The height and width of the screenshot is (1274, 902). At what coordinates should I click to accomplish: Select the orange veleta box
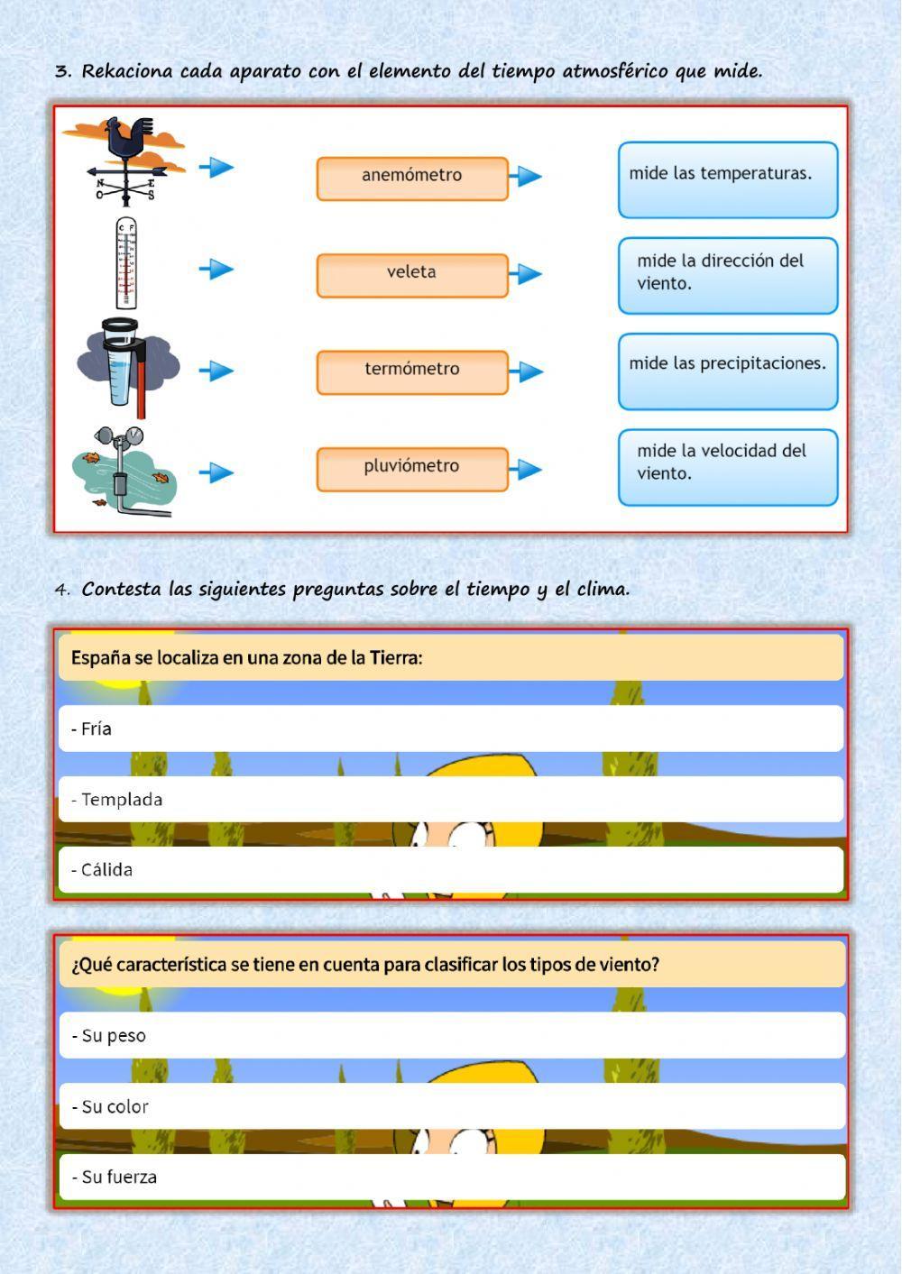pos(412,274)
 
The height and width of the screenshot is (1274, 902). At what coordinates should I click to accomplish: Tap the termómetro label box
pos(412,371)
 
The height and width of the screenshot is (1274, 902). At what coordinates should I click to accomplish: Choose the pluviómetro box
pos(412,468)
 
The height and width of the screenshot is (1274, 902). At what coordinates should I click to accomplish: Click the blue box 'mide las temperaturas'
pos(727,179)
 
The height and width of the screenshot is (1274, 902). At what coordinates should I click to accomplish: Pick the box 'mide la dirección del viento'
pos(727,275)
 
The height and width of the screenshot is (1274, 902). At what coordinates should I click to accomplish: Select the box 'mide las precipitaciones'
pos(727,371)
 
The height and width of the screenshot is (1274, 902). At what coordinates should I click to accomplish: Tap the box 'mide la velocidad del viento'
pos(727,466)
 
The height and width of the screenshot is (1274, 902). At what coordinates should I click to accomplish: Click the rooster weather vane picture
pos(126,160)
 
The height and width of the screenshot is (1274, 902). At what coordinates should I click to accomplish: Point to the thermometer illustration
pos(126,263)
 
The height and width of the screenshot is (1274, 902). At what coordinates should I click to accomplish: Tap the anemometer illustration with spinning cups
pos(124,471)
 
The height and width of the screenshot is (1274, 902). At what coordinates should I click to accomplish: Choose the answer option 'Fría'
pos(451,729)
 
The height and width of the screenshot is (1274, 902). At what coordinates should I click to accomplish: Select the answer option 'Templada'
pos(451,799)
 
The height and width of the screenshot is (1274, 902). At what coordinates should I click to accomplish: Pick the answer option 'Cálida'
pos(451,869)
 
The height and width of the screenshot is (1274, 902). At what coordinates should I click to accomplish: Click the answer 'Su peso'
pos(451,1035)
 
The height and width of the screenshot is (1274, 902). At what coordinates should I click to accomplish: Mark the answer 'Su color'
pos(451,1106)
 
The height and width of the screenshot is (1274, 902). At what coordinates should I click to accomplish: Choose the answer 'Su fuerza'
pos(451,1177)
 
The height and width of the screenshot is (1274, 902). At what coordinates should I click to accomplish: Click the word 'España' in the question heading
pos(100,657)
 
